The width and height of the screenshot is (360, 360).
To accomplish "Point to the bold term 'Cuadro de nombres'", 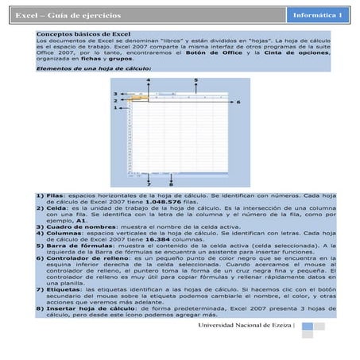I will pyautogui.click(x=76, y=226).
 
